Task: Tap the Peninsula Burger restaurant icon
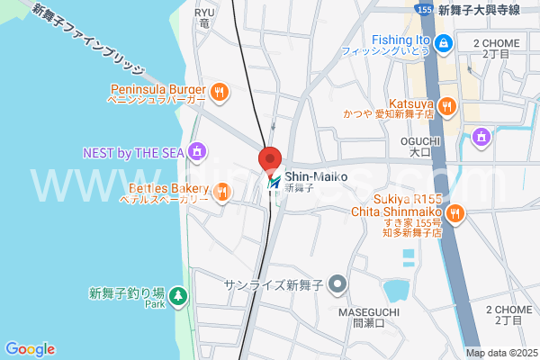[x=219, y=91]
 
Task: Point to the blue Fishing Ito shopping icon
[x=443, y=42]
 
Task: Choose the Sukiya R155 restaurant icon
[x=454, y=212]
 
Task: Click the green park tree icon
[x=178, y=293]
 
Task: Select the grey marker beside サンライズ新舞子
[x=338, y=285]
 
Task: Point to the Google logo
[x=30, y=349]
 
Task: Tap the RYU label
[x=205, y=13]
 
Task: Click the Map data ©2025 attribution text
[x=500, y=352]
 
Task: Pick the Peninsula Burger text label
[x=158, y=89]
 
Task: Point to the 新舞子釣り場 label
[x=127, y=292]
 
